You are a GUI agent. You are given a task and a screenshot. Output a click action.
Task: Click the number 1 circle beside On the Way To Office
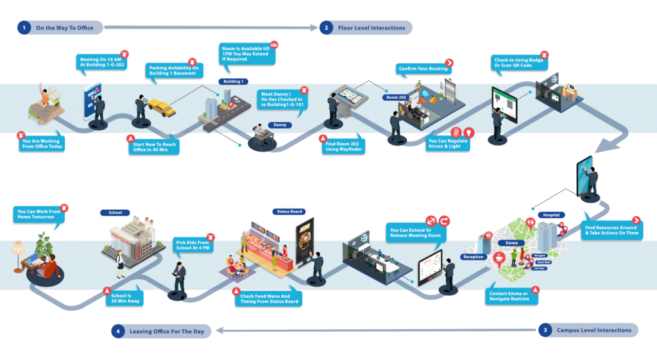tap(24, 28)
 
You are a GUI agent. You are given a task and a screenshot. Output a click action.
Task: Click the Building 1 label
tap(232, 81)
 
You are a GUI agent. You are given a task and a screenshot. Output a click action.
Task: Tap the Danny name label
tap(280, 124)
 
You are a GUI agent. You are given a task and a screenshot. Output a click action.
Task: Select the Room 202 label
tap(396, 97)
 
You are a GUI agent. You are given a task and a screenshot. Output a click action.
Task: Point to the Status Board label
tap(288, 211)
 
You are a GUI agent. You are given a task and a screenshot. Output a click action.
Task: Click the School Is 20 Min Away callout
tap(125, 298)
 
